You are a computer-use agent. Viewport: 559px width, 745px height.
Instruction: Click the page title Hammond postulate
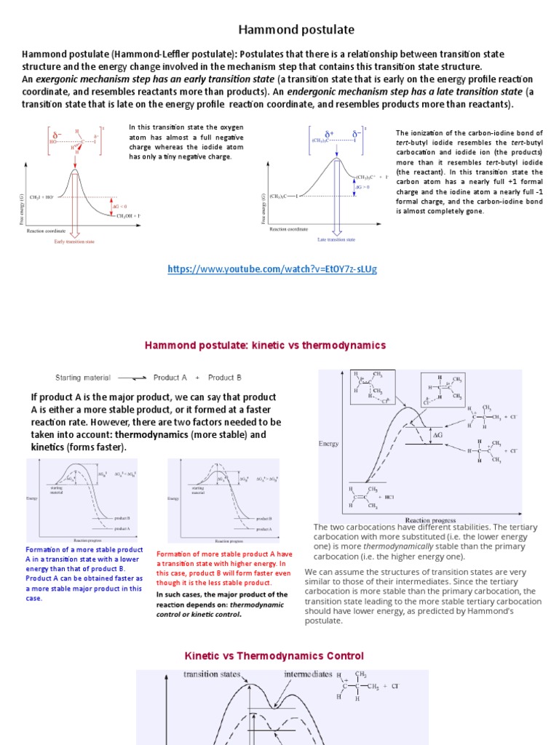point(286,30)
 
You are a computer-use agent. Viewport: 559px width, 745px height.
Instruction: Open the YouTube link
point(272,268)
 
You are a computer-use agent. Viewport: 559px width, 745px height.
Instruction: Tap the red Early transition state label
point(75,242)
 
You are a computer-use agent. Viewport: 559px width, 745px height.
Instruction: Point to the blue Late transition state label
point(336,239)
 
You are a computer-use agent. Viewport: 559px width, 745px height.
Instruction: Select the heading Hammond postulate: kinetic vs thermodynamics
point(265,345)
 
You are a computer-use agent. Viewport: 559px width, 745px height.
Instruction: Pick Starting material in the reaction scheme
point(83,378)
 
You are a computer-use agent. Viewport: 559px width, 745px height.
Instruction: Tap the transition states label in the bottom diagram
point(212,674)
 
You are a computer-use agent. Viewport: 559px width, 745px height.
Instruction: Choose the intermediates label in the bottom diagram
point(309,674)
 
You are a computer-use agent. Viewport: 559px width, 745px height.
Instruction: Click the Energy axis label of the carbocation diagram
point(329,442)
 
